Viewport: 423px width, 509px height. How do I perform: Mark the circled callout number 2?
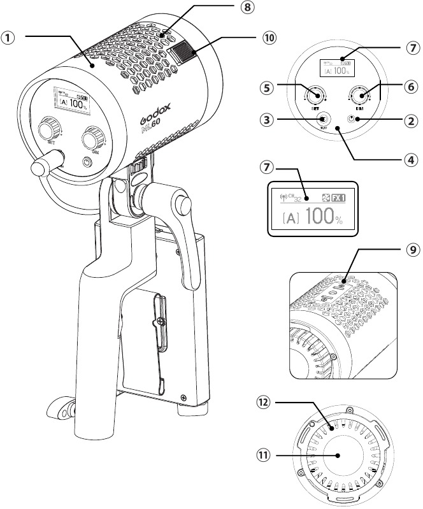point(412,119)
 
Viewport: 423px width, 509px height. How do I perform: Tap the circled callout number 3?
point(266,119)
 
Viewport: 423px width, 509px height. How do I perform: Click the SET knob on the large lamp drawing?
point(48,130)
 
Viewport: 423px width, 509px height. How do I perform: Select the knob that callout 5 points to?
point(313,96)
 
